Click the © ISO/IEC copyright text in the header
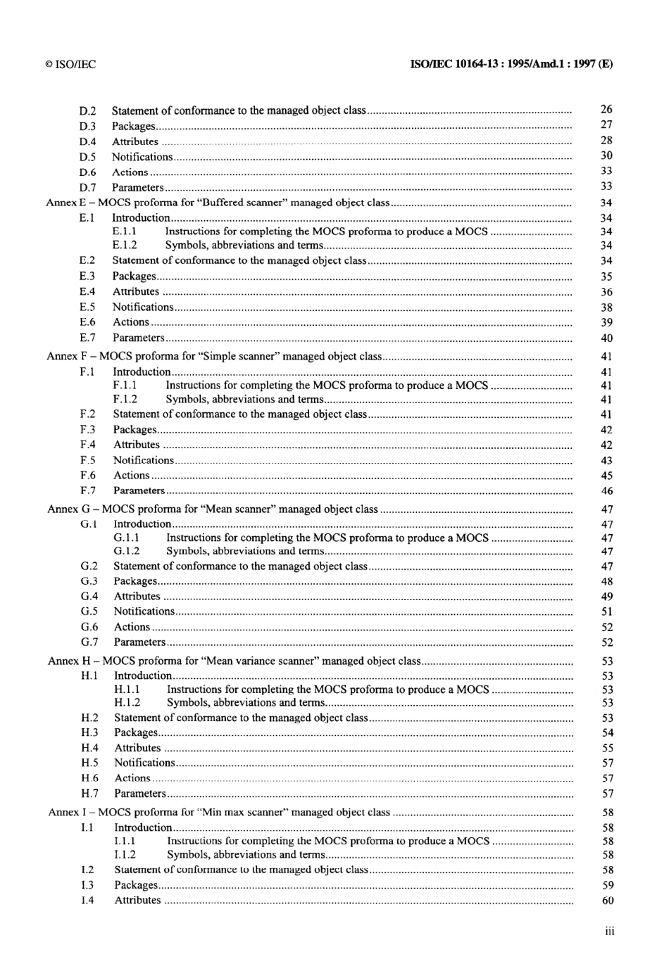point(70,64)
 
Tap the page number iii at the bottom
point(609,932)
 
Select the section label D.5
point(87,157)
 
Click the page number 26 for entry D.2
point(606,109)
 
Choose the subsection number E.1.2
point(125,246)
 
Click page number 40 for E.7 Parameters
point(607,338)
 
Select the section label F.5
point(88,460)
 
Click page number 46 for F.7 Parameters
point(607,491)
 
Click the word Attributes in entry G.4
point(137,597)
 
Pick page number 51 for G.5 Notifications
point(607,612)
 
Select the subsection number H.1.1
point(127,690)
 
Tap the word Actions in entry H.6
point(132,778)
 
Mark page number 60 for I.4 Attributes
point(608,901)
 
